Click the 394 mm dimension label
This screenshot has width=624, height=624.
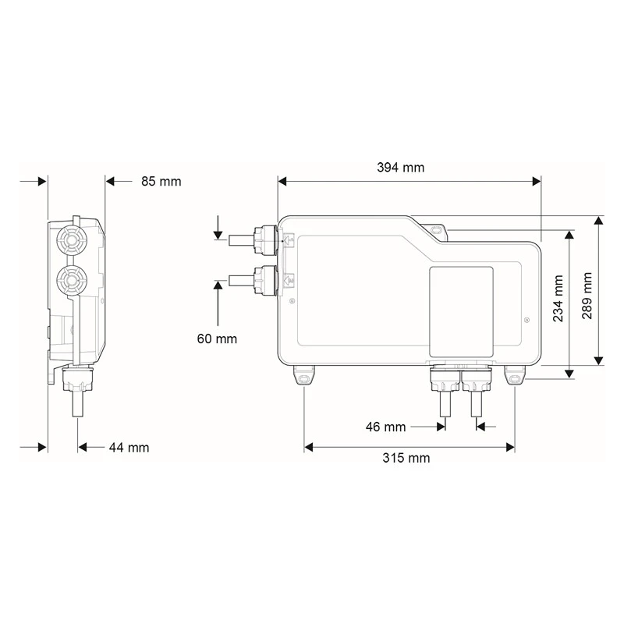(x=401, y=167)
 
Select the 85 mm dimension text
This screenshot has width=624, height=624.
(x=161, y=182)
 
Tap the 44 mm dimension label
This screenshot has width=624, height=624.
(x=129, y=448)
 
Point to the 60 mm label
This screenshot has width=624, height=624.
(x=217, y=339)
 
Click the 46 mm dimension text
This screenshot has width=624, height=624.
(x=386, y=427)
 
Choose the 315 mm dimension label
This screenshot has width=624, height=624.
(x=406, y=459)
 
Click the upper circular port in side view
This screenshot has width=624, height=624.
(x=71, y=237)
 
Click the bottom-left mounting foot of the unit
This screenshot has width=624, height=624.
(x=304, y=378)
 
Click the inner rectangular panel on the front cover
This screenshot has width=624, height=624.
(x=462, y=312)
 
